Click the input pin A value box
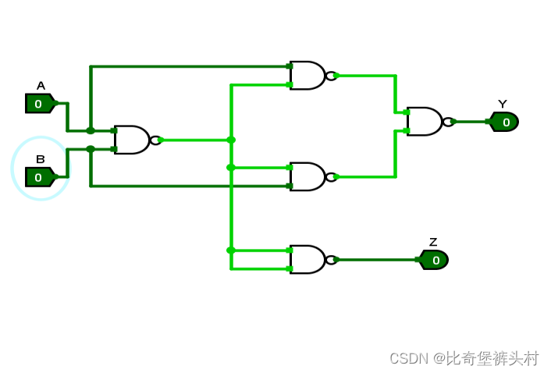(39, 104)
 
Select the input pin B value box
(39, 177)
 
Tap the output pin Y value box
(505, 122)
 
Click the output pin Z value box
(435, 260)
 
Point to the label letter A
(41, 86)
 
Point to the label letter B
(41, 159)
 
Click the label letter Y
(503, 104)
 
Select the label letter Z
(433, 242)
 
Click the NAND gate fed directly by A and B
(132, 140)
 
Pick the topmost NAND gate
(307, 76)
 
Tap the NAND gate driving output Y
(425, 122)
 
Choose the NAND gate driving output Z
(307, 260)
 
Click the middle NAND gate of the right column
(307, 177)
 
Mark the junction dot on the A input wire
(91, 130)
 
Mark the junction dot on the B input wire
(91, 149)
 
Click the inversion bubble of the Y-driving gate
(448, 122)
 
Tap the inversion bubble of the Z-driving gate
(331, 260)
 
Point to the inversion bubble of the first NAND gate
(155, 140)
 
